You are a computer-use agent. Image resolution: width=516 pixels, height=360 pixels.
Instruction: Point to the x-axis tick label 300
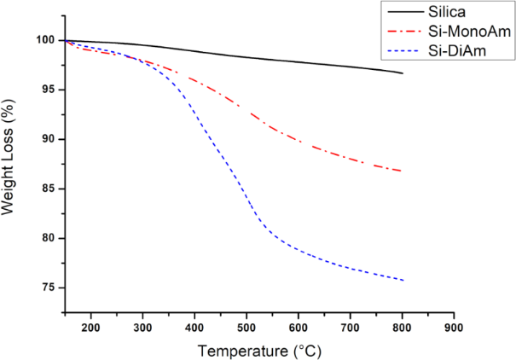tap(143, 327)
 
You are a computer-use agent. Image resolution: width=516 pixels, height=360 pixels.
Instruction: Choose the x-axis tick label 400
tap(195, 327)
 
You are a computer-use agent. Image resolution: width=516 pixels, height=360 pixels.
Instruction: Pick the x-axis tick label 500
tap(246, 327)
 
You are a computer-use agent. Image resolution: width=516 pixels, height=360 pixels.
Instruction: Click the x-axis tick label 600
tap(299, 327)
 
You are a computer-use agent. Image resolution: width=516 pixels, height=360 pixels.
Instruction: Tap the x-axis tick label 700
tap(351, 327)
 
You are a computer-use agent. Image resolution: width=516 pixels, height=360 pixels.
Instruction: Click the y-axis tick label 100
tap(45, 40)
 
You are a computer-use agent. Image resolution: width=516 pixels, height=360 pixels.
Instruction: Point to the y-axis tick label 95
tap(49, 90)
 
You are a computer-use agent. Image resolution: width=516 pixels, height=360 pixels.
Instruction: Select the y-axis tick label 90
tap(49, 139)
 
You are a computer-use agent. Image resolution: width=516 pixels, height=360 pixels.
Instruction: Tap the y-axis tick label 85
tap(49, 189)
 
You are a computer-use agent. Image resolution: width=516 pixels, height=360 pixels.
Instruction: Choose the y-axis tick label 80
tap(49, 238)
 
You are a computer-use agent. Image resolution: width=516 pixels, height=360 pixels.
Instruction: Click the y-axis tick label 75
tap(49, 287)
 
